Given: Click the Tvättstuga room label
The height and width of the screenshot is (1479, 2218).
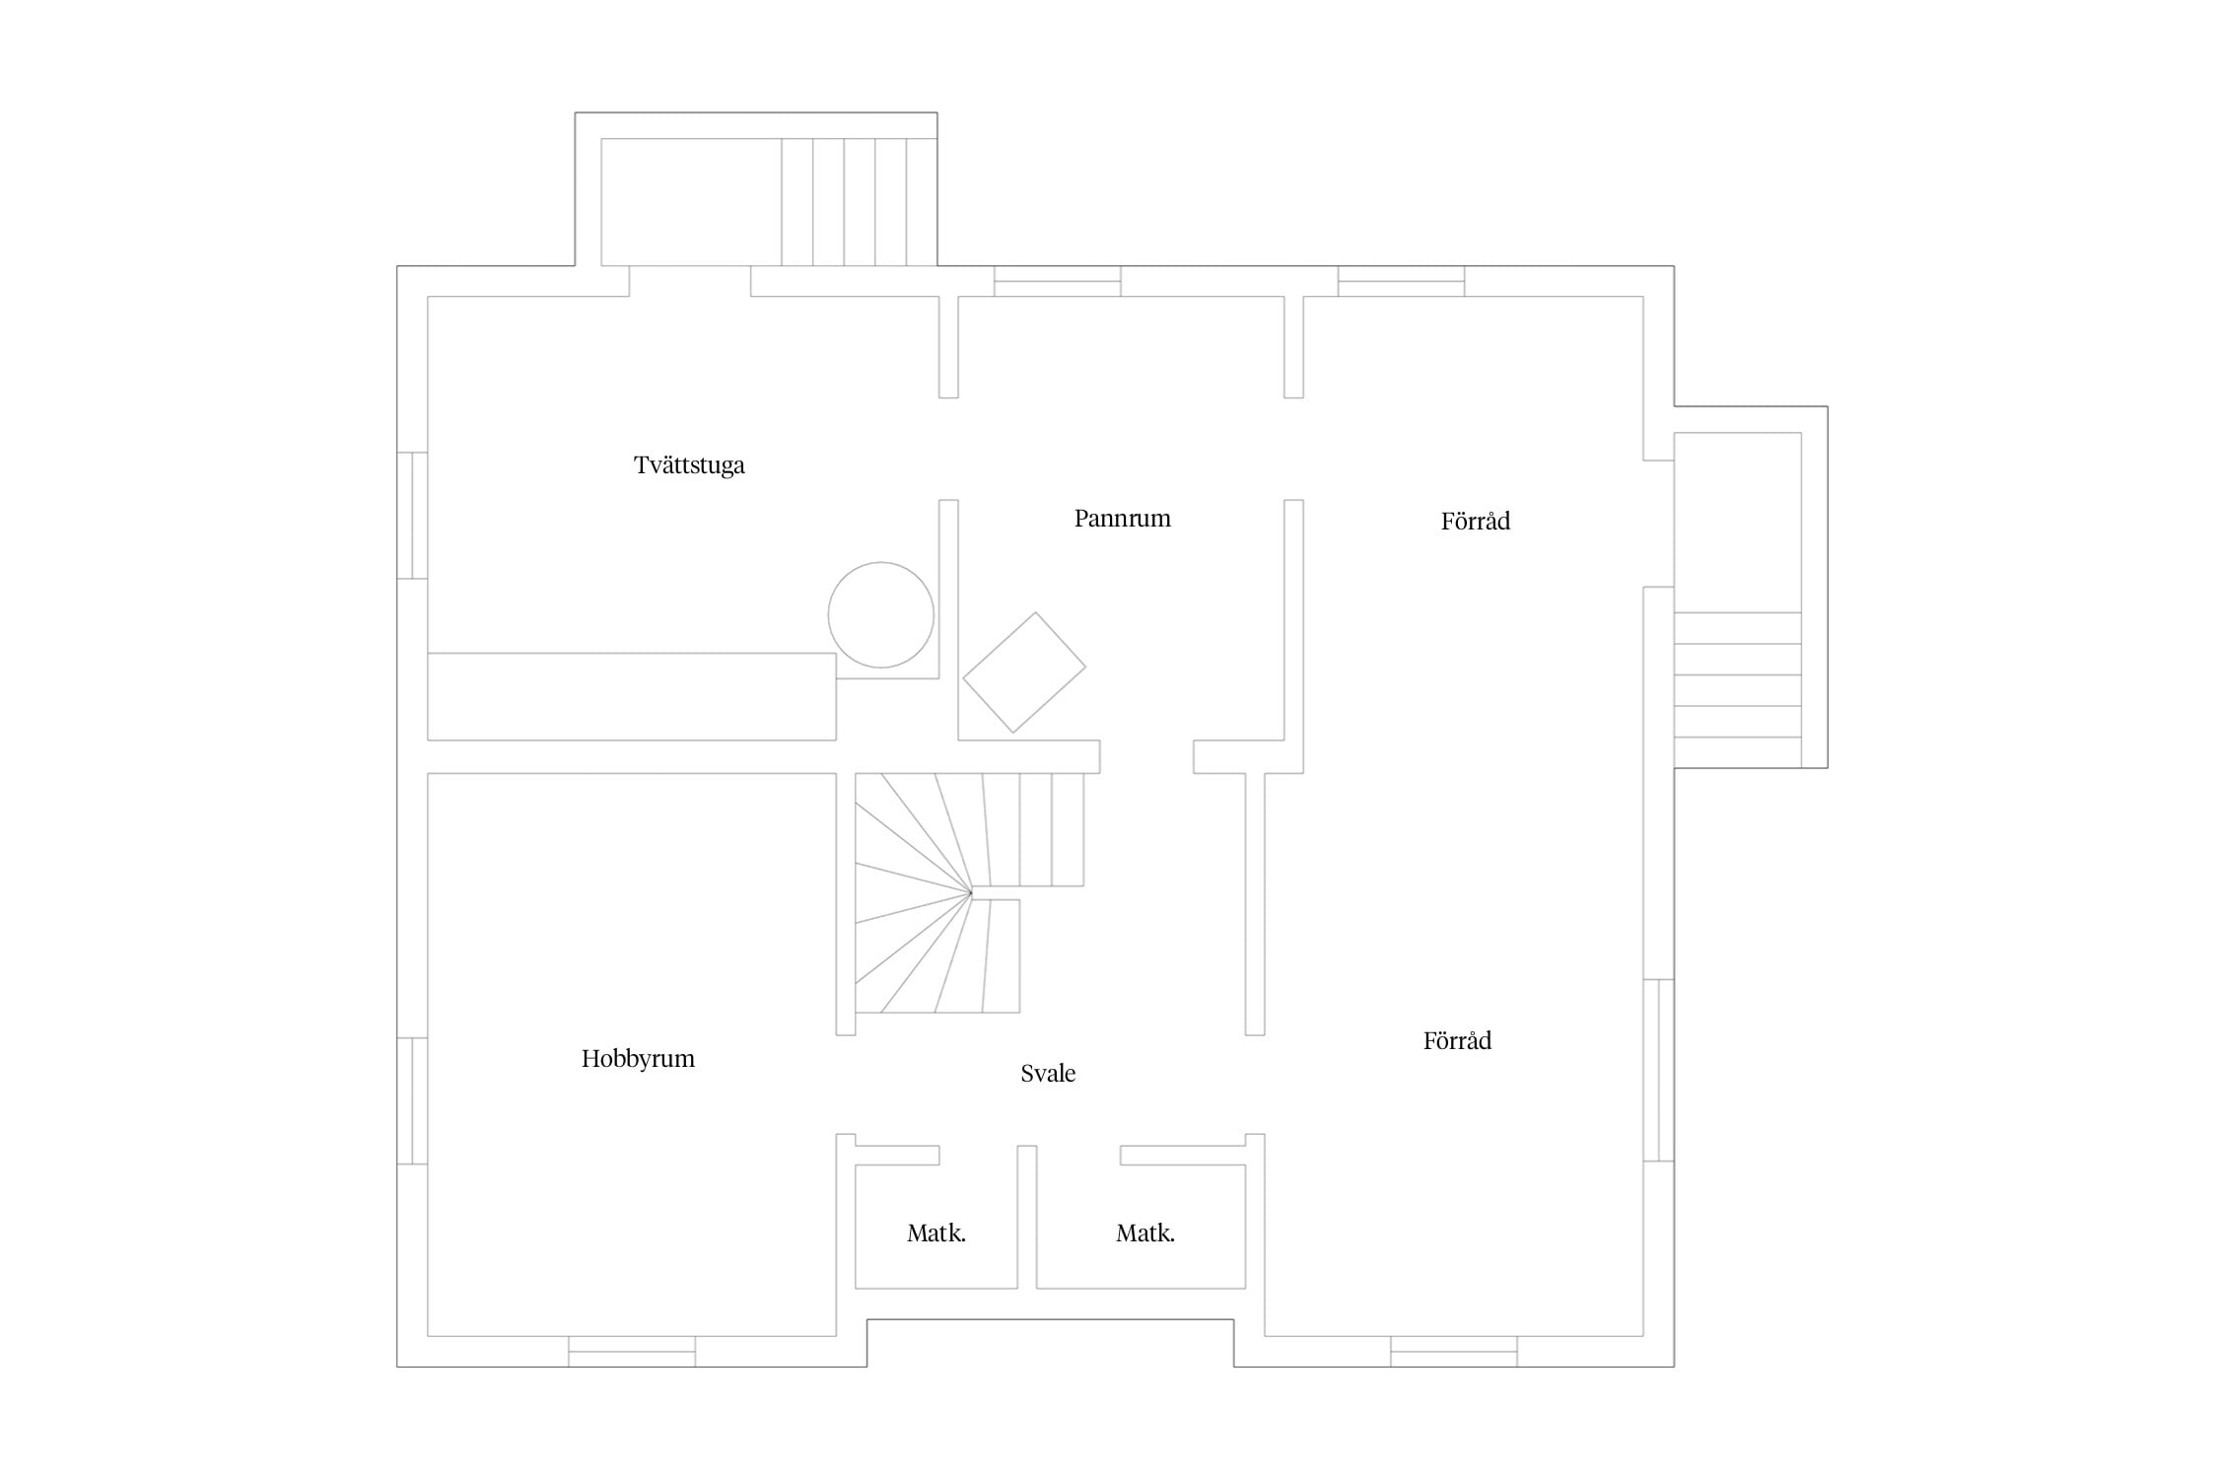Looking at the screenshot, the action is coord(689,465).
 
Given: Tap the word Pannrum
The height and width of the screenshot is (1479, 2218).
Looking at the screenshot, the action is coord(1122,519).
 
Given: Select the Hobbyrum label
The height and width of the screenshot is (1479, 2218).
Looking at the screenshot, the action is coord(638,1059).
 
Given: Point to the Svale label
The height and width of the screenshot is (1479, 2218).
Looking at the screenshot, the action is coord(1048,1073).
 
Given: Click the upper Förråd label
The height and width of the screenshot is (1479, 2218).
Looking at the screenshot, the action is coord(1475,521).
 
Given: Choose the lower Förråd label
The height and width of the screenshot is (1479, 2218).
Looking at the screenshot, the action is coord(1457,1040).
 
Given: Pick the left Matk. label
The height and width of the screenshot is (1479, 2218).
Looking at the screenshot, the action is coord(936,1232).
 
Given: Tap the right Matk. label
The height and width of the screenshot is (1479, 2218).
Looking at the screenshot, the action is coord(1145,1232).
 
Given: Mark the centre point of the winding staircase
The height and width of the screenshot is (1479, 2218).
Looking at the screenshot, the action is coord(971,893).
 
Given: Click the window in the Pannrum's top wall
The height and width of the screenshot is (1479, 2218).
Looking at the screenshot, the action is coord(1058,281).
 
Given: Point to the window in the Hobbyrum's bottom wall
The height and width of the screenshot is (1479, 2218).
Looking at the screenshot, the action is coord(632,1352).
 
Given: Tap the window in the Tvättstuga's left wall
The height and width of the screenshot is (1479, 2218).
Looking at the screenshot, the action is coord(412,516).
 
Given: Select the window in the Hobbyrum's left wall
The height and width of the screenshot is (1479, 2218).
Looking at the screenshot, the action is coord(412,1100).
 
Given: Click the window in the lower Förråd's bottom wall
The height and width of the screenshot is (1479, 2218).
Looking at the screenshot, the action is coord(1454,1352).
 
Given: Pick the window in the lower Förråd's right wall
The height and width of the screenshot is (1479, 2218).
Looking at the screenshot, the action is coord(1659,1070).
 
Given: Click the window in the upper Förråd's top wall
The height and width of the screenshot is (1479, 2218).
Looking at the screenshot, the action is coord(1401,281).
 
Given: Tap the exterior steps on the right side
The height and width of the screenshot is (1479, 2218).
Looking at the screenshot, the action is coord(1738,675).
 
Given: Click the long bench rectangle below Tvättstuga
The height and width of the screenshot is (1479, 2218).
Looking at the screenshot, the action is coord(632,696).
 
